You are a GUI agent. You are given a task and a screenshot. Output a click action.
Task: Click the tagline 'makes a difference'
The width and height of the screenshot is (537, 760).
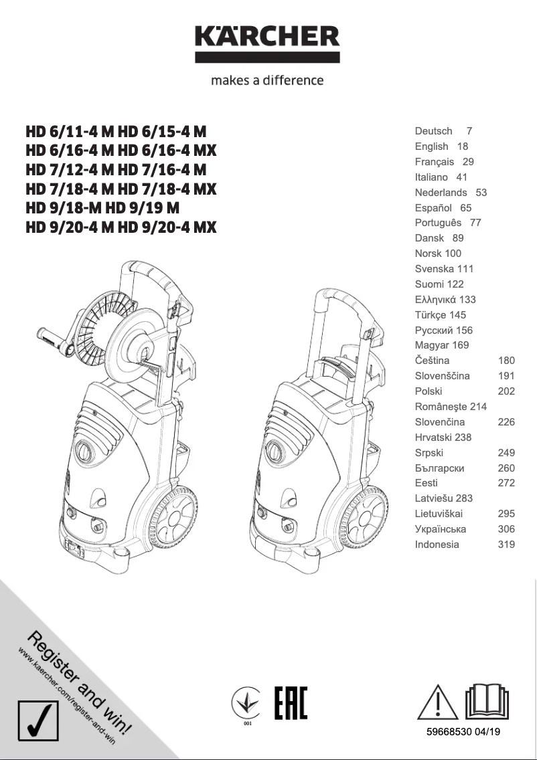[267, 80]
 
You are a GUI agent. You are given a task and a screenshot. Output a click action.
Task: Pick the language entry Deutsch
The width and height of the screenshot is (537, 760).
[433, 131]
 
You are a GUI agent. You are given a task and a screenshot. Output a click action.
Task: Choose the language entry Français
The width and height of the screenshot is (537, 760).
[434, 162]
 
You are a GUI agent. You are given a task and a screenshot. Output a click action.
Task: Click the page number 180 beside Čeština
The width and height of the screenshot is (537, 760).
[506, 361]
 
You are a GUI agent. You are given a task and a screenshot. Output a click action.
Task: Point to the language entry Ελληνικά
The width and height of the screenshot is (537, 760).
[436, 300]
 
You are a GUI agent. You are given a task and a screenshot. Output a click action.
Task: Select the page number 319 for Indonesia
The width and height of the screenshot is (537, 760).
[506, 545]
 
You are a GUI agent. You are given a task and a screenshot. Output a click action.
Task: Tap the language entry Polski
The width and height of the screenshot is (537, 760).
[429, 391]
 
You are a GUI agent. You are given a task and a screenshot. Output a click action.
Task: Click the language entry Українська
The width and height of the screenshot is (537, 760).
[441, 529]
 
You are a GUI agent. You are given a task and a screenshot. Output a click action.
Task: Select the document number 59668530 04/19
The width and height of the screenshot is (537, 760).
[463, 732]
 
